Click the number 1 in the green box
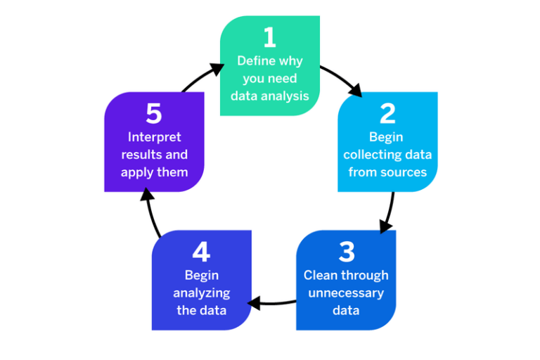(269, 37)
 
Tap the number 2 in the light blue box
(387, 113)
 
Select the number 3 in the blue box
(346, 252)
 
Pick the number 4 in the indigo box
(201, 252)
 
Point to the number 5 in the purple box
(154, 113)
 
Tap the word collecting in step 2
(368, 155)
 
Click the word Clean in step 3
(320, 275)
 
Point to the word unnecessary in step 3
(346, 292)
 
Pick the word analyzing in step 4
(202, 292)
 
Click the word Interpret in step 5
(154, 136)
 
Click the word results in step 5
(140, 154)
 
